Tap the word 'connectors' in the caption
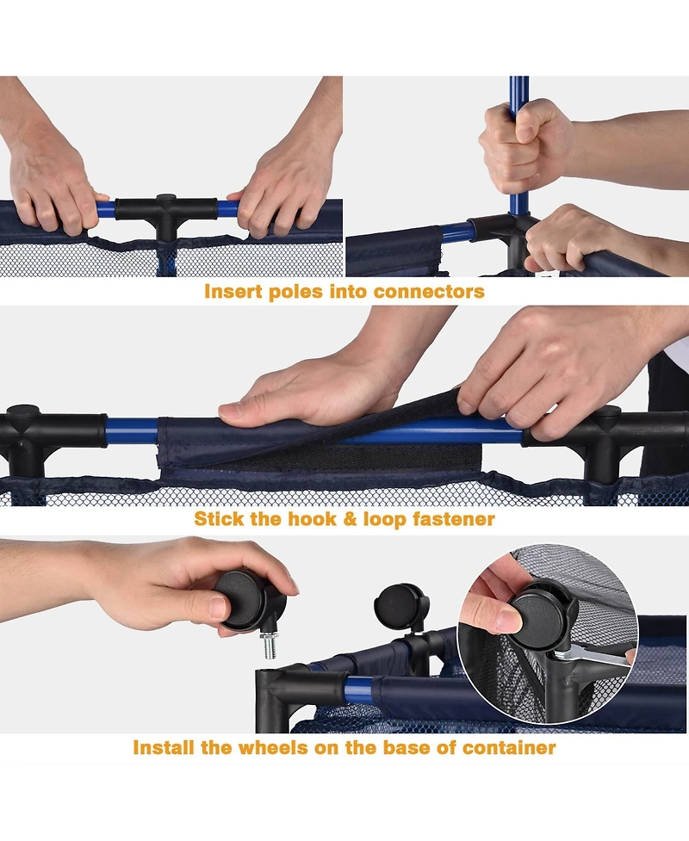(x=429, y=291)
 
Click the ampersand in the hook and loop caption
(x=350, y=519)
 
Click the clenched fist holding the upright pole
(x=523, y=145)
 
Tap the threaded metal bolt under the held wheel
(x=270, y=645)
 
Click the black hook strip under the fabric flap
(x=354, y=456)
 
